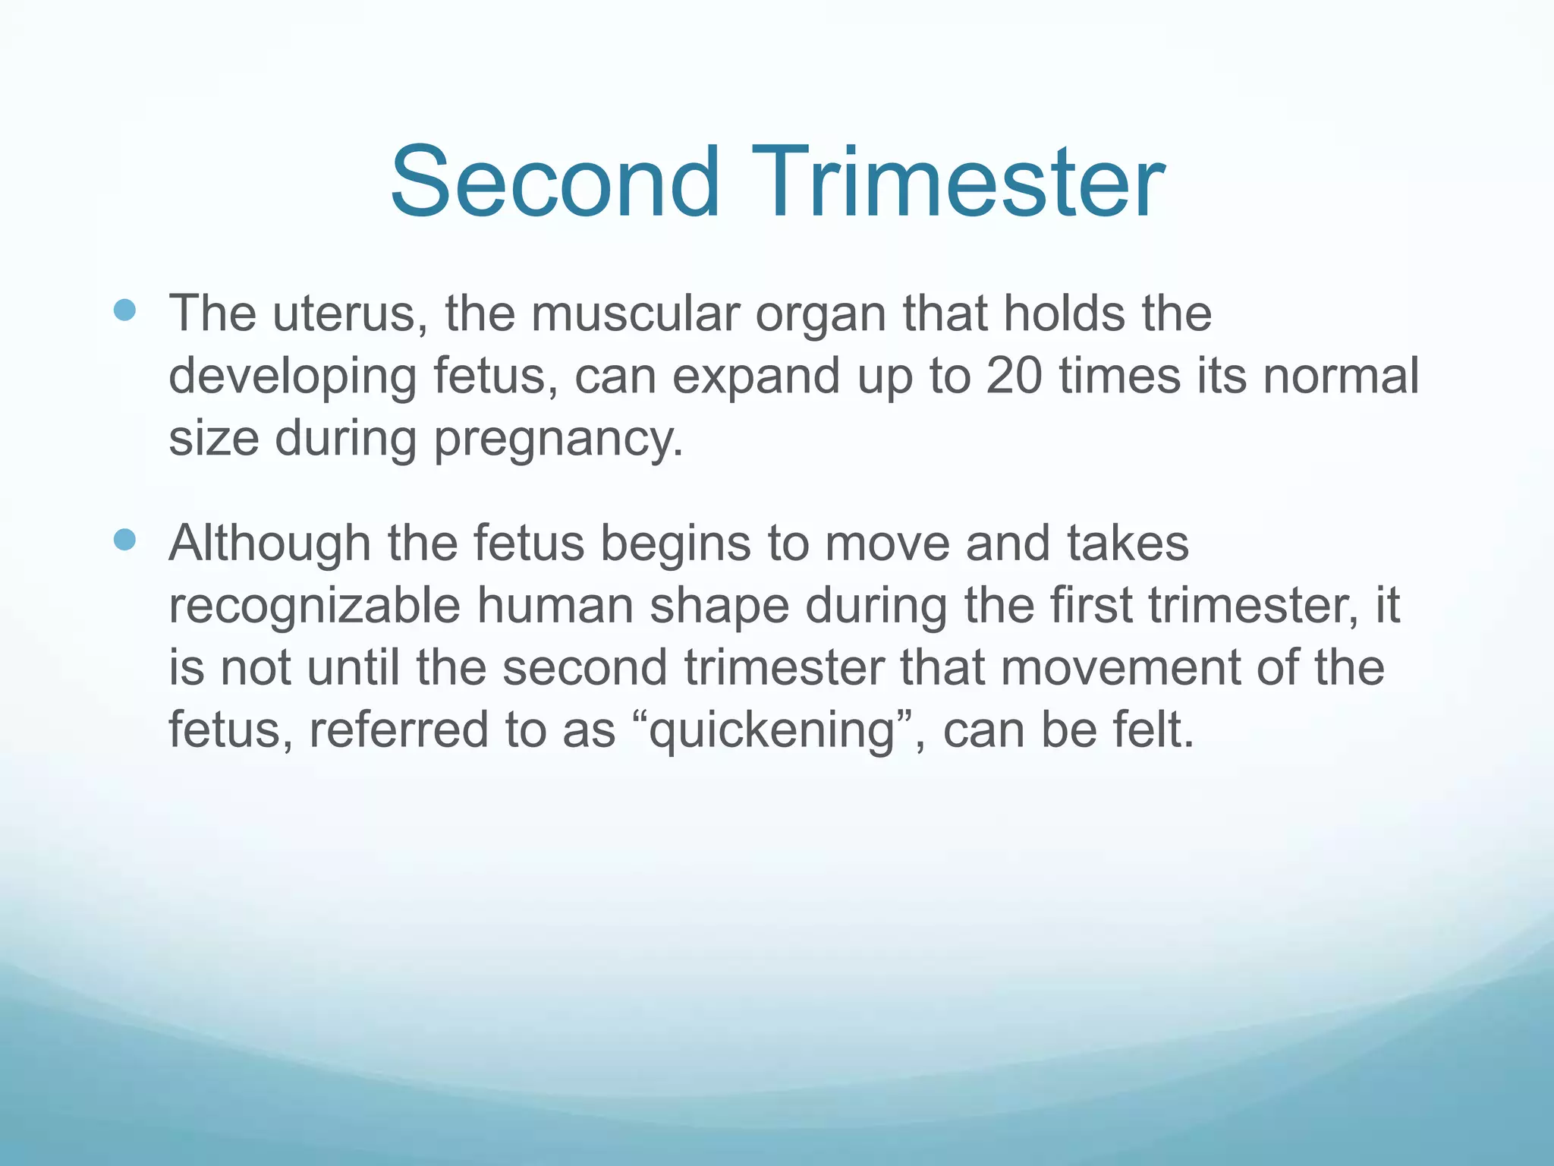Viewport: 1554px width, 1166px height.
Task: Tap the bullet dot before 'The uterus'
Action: tap(124, 310)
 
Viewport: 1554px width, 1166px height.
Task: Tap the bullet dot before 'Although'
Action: tap(124, 540)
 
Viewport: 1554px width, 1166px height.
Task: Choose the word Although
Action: tap(269, 544)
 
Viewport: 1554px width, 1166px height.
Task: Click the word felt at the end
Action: tap(1153, 730)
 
